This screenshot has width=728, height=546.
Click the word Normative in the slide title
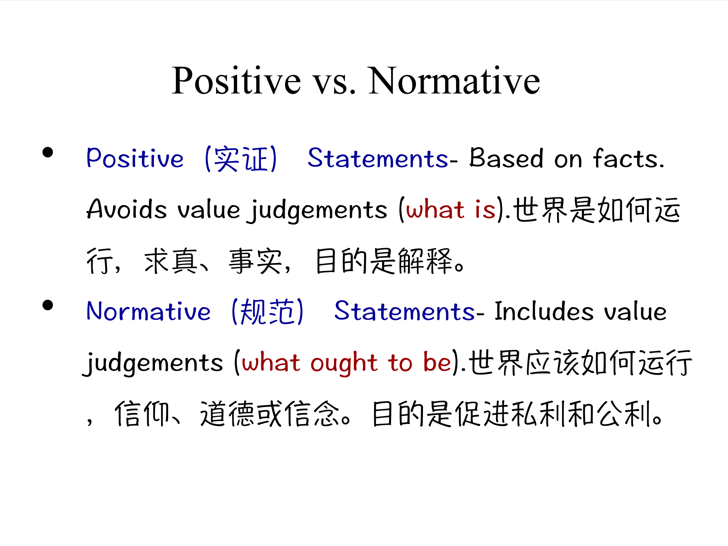coord(454,81)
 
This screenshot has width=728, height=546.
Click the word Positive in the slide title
coord(236,81)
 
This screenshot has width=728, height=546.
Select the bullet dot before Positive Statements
coord(48,152)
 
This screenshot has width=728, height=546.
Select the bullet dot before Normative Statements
coord(48,305)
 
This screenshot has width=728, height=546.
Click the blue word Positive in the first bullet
coord(135,158)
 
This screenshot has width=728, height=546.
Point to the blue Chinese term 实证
coord(241,159)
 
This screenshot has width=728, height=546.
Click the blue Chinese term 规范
coord(267,311)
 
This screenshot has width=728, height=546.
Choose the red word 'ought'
coord(344,363)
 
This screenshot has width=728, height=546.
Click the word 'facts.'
coord(628,158)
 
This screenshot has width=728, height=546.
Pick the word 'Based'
coord(506,158)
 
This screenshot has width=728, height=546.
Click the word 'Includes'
coord(544,311)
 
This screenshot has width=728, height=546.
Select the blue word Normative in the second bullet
coord(149,311)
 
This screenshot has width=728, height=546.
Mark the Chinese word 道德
coord(227,414)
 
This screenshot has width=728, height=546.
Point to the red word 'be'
coord(437,363)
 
